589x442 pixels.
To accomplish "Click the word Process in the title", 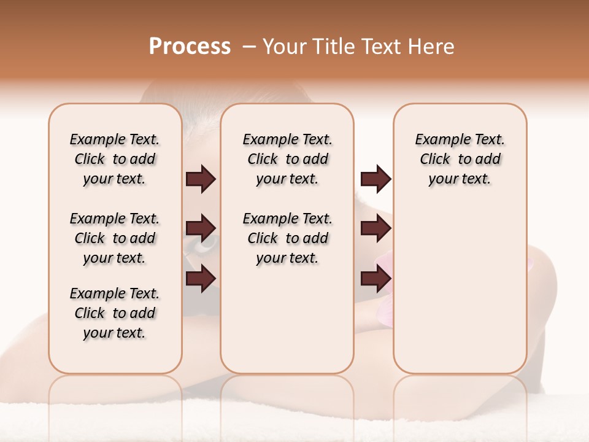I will coord(190,47).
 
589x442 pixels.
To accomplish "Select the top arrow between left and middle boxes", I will coord(201,179).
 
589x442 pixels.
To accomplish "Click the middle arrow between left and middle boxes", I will coord(201,228).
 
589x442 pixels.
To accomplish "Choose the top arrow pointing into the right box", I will coord(375,179).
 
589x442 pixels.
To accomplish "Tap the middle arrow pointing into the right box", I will coord(375,228).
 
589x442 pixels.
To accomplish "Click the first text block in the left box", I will coord(115,159).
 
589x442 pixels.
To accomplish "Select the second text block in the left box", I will coord(115,238).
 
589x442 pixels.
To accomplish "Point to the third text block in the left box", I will coord(115,313).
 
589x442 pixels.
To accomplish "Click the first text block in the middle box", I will coord(288,159).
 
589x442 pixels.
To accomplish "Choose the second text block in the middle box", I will coord(288,238).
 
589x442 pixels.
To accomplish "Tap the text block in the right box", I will coord(460,159).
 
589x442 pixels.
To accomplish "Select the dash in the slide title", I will coord(250,47).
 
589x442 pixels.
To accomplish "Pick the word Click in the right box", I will coord(436,160).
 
